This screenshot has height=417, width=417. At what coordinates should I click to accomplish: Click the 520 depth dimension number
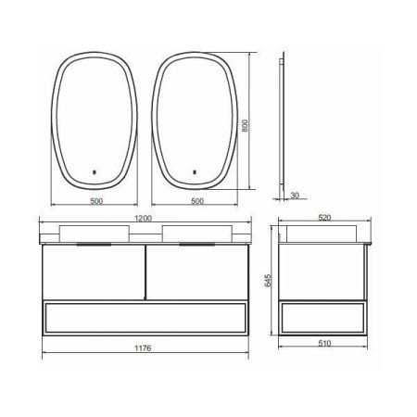pos(324,219)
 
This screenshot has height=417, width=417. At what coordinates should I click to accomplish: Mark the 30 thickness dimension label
pos(295,196)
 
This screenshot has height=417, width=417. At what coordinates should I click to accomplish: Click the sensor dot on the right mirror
pos(196,171)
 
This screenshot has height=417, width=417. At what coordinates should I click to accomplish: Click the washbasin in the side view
pos(320,232)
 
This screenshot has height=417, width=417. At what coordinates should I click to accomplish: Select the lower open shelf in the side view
pos(323,317)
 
